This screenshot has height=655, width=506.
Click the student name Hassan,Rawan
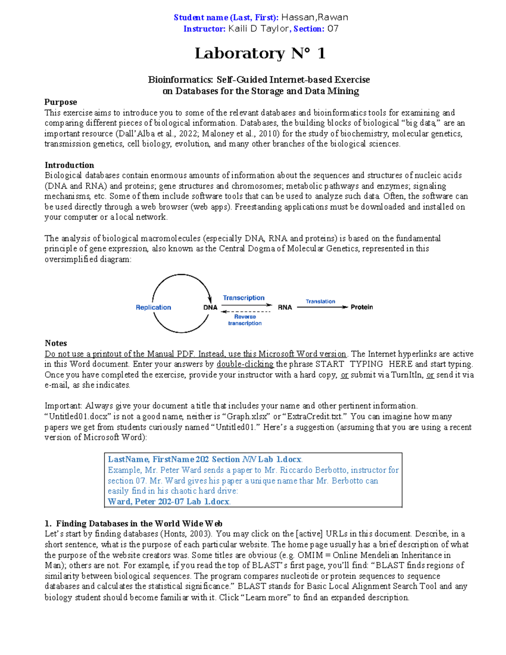[x=315, y=17]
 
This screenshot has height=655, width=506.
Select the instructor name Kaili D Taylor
[x=258, y=29]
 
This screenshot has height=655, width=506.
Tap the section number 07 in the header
[x=333, y=29]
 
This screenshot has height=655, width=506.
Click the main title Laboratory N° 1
[x=260, y=53]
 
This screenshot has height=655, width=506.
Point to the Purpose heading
[x=61, y=102]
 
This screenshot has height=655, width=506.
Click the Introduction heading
[x=69, y=165]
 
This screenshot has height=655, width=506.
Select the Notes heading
[x=56, y=343]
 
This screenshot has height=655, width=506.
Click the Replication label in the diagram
[x=153, y=307]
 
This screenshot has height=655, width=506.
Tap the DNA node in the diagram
[x=210, y=307]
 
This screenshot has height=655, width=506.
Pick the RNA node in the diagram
[x=285, y=307]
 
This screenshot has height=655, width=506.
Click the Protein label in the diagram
[x=362, y=307]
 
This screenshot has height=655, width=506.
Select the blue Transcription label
[x=244, y=298]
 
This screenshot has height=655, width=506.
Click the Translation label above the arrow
[x=320, y=301]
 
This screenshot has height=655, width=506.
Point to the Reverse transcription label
[x=245, y=320]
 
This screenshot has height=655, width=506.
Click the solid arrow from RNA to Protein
[x=323, y=307]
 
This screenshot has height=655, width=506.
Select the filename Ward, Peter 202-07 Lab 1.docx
[x=169, y=501]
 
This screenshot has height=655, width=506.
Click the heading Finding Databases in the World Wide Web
[x=139, y=523]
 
